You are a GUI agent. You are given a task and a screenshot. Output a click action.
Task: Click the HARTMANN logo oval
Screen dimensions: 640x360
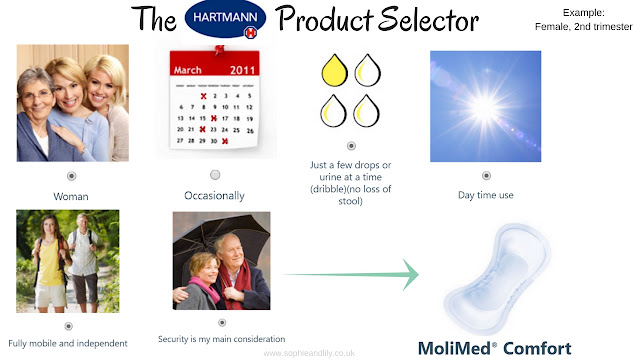tap(225, 19)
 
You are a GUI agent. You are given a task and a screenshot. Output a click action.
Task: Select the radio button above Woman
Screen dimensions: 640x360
tap(71, 176)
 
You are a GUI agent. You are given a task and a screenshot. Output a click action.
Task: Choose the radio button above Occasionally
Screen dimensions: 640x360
tap(215, 175)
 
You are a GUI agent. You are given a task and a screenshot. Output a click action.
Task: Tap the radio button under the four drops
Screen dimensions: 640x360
tap(351, 146)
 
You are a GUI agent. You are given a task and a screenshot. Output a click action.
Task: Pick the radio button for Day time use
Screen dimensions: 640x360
tap(486, 176)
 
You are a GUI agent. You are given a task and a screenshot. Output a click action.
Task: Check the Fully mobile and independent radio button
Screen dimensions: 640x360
tap(69, 326)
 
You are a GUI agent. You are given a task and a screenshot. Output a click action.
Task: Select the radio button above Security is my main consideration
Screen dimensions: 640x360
tap(222, 322)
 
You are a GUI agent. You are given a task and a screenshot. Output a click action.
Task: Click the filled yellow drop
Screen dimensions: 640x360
tap(335, 70)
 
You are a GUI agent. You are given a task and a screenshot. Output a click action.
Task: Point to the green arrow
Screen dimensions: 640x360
tap(351, 274)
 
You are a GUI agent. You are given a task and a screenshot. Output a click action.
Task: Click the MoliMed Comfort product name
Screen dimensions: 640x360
tap(495, 349)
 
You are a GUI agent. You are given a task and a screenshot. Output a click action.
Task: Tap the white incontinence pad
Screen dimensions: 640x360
tap(498, 278)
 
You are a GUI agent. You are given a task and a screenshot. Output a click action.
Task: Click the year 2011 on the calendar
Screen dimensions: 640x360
tap(242, 70)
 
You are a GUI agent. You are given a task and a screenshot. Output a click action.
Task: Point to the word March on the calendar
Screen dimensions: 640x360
tap(188, 70)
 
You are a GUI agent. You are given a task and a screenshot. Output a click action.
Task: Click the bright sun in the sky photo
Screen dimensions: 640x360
tap(485, 107)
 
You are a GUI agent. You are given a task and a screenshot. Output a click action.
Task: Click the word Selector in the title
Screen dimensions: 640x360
tap(429, 20)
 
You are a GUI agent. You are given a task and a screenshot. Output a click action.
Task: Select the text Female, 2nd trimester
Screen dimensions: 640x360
tap(584, 27)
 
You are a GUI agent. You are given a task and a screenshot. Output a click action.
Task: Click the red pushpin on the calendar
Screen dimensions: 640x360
tap(220, 49)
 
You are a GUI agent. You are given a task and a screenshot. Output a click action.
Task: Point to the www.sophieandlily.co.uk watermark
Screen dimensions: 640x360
tap(309, 353)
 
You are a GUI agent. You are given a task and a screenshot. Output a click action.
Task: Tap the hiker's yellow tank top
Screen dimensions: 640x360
tap(51, 263)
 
